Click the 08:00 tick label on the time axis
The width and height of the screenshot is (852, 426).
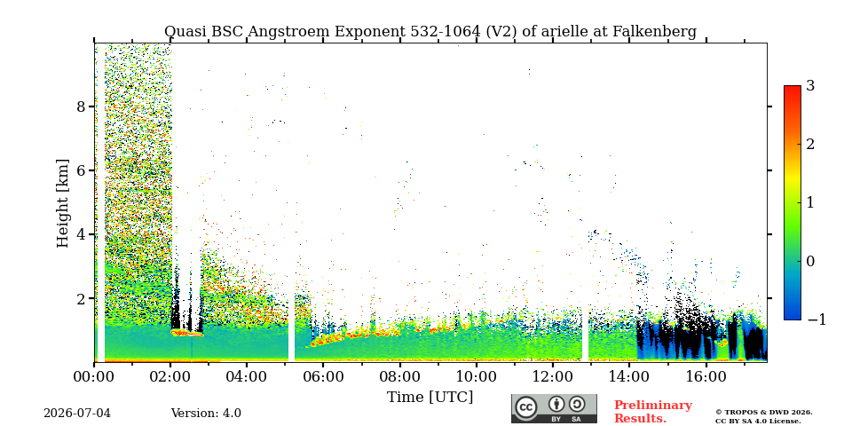[399, 376]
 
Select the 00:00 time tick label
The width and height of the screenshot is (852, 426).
[94, 376]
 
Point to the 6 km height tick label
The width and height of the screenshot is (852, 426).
[81, 170]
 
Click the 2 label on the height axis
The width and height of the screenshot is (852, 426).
[81, 298]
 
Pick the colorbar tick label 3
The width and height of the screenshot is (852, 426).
[811, 86]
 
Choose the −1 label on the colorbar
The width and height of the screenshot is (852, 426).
[816, 319]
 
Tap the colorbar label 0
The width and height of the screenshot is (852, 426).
[811, 261]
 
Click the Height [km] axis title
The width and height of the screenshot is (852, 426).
[63, 203]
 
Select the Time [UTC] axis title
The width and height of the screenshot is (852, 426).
[430, 398]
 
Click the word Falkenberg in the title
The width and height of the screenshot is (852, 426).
[654, 32]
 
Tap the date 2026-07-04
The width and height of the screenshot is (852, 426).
[77, 414]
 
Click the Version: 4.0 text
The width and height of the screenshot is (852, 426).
[206, 414]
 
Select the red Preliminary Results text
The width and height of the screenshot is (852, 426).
[653, 412]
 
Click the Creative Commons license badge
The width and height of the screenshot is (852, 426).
[554, 408]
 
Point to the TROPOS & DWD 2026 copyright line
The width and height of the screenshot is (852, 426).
[764, 413]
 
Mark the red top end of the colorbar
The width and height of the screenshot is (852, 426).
[793, 87]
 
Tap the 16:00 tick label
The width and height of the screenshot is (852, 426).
[706, 376]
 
